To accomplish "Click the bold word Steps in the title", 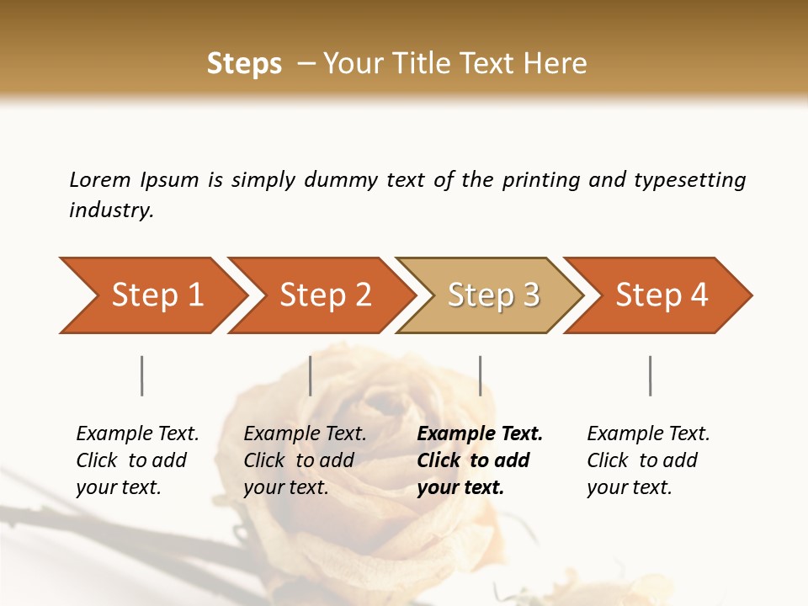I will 244,64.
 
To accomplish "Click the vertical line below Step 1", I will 142,375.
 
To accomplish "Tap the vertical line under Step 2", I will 311,375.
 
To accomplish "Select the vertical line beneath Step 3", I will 480,375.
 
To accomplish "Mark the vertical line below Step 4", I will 651,375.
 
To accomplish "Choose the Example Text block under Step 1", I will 137,460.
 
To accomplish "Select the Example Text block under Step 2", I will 305,460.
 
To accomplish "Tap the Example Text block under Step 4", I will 648,460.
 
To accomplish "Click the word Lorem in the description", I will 99,180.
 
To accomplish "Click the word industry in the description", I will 110,210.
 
